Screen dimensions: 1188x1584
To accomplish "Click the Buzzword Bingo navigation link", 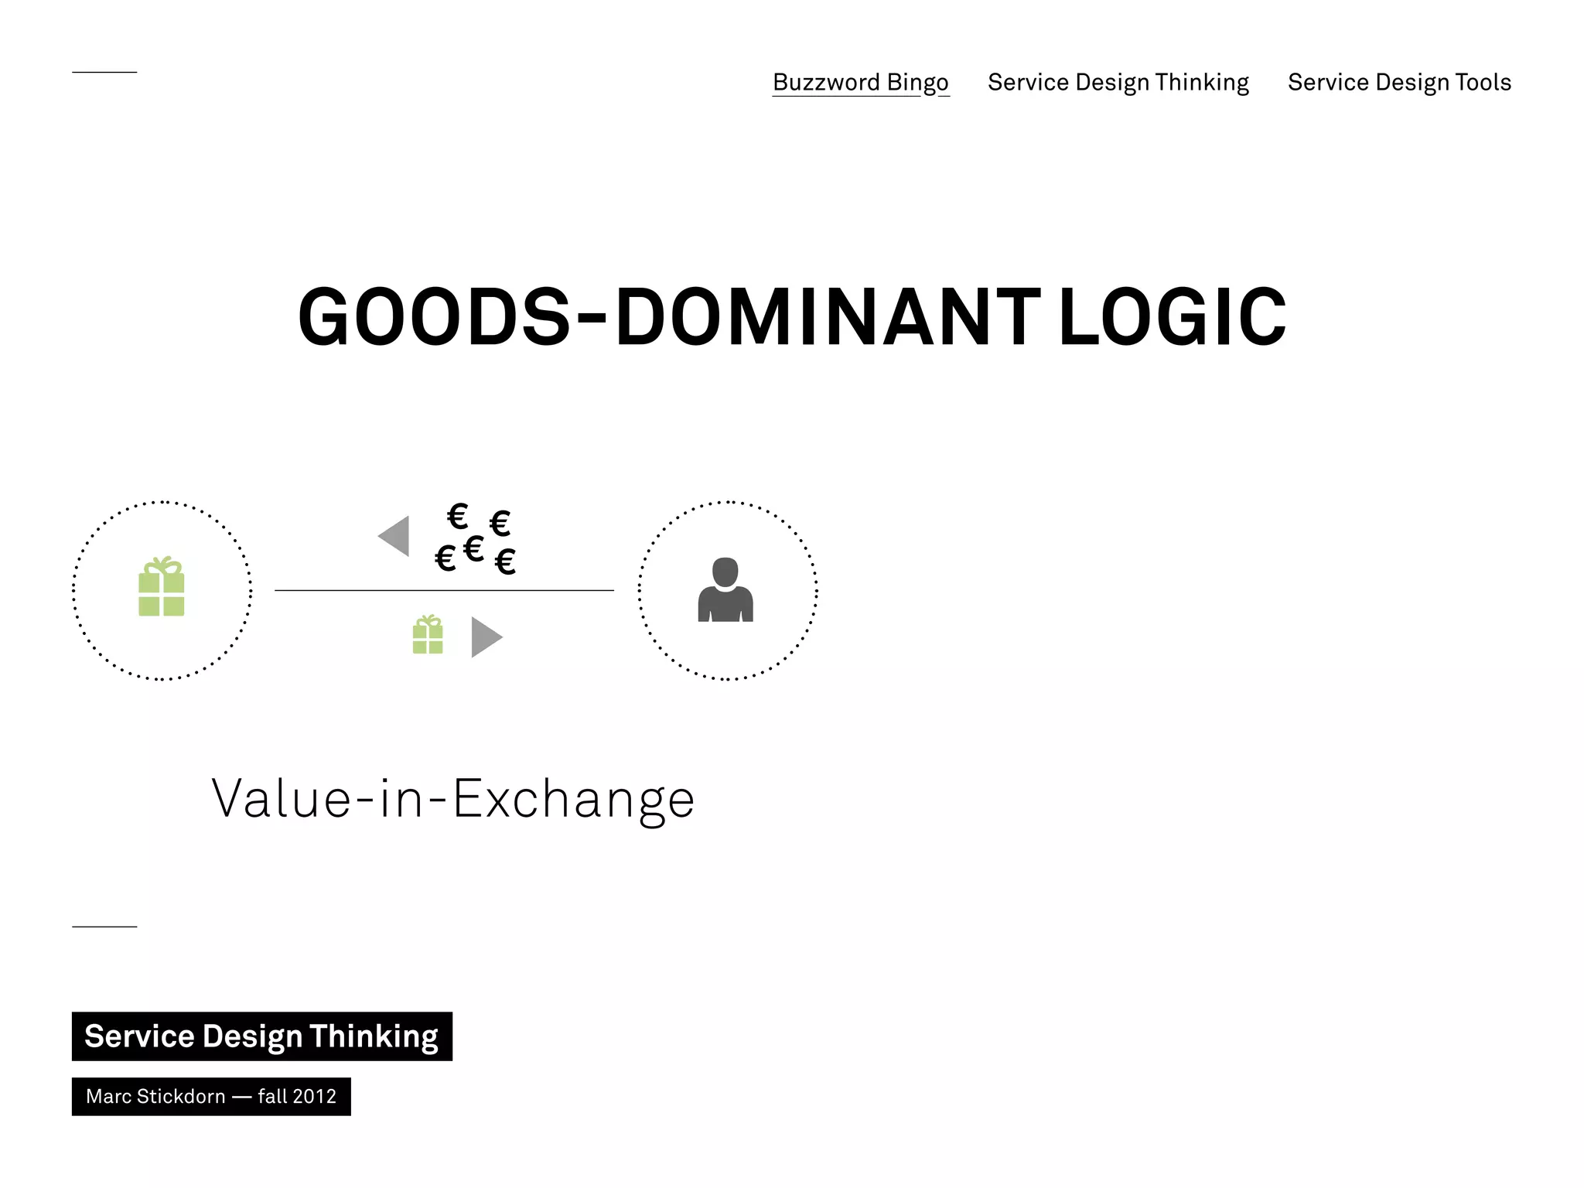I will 860,83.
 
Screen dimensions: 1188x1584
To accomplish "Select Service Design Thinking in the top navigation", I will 1118,83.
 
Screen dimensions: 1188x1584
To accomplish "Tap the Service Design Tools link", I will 1399,83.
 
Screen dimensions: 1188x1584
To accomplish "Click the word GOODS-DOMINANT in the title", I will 669,317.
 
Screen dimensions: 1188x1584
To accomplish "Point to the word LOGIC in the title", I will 1172,317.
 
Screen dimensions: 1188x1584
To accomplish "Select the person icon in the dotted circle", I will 725,591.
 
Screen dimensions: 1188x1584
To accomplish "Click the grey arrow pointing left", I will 394,536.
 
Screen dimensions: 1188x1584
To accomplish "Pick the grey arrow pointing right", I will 486,637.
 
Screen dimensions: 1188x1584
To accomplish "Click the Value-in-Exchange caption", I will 453,799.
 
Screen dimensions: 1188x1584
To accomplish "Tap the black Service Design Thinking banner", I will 261,1036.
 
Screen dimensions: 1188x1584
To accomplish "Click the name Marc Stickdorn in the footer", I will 155,1097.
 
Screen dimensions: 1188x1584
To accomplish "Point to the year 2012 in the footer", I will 316,1097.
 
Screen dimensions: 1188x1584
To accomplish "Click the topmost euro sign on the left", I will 458,516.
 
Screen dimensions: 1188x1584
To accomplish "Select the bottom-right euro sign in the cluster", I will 505,562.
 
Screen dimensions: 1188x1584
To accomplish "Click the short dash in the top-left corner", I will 104,72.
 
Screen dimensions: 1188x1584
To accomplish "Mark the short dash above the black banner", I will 104,926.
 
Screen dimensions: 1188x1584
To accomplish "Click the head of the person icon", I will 725,572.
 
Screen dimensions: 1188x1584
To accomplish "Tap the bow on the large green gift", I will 162,564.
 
